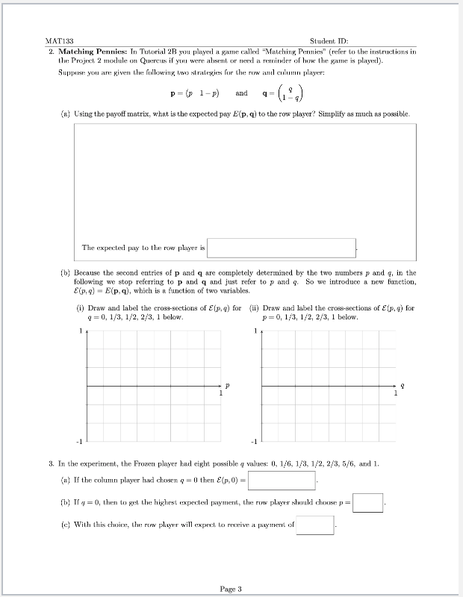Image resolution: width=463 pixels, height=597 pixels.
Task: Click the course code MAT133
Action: coord(58,41)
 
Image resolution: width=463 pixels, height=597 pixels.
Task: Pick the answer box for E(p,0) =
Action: coord(282,480)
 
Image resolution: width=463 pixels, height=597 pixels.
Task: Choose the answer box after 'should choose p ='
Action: coord(368,503)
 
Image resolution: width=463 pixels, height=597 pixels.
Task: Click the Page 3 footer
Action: coord(231,589)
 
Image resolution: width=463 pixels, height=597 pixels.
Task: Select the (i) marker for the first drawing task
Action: coord(80,307)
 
